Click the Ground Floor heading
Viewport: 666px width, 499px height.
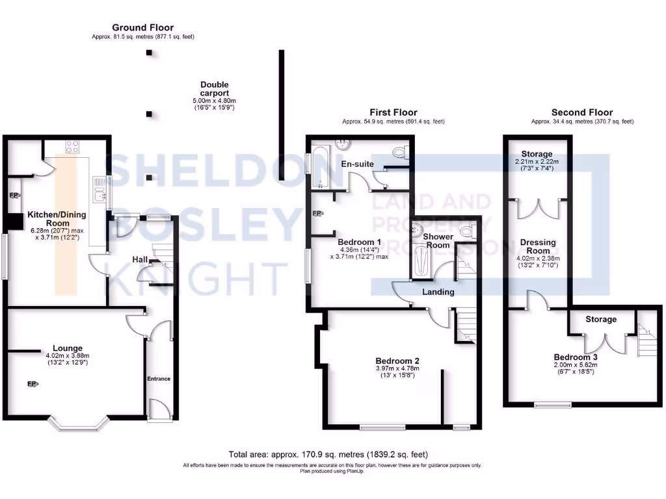[x=142, y=27]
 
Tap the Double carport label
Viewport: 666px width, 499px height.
[x=214, y=89]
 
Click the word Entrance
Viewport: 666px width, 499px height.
[x=158, y=378]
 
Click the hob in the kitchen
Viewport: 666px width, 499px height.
[x=72, y=147]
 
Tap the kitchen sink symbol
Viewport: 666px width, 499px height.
[x=99, y=189]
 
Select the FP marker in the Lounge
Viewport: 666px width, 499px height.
[x=31, y=384]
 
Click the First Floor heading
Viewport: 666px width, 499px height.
[x=393, y=112]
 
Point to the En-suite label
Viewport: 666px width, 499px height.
[x=358, y=164]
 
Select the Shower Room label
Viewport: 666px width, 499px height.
[x=438, y=240]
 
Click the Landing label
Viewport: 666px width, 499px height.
[x=438, y=292]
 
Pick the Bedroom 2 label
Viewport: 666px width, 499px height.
[x=397, y=361]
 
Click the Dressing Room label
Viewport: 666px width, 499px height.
[x=538, y=246]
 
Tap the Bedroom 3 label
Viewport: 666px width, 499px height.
[x=576, y=357]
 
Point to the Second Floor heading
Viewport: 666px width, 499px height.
[x=582, y=112]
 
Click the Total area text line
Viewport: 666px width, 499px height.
[x=328, y=454]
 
